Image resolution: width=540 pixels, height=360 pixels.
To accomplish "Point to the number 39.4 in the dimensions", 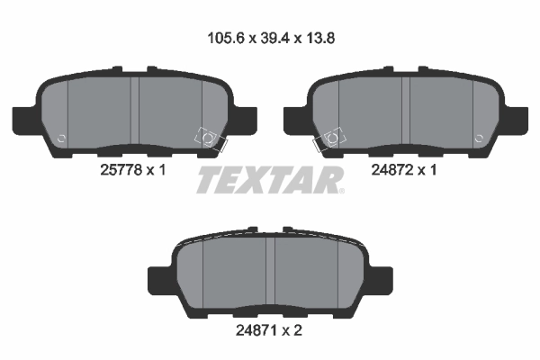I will pyautogui.click(x=271, y=39).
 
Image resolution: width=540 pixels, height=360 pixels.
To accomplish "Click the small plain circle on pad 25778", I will pyautogui.click(x=61, y=139).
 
